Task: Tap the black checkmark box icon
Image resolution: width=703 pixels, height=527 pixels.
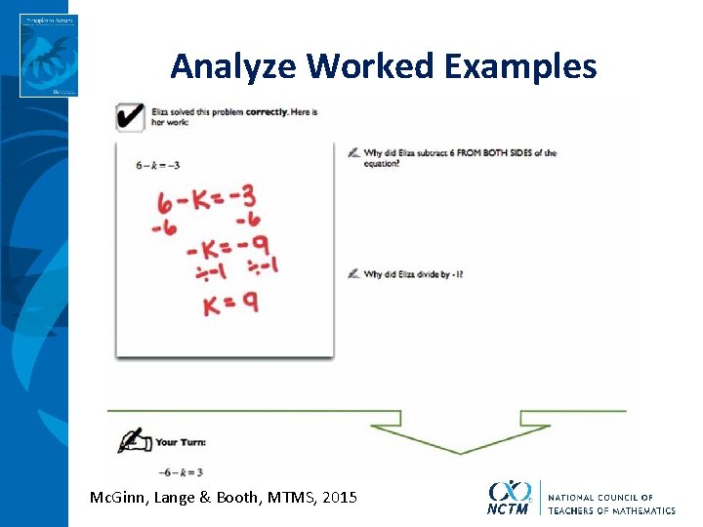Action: coord(131,116)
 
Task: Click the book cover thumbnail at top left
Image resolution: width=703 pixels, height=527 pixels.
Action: coord(48,55)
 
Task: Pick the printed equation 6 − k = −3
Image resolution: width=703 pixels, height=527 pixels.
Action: coord(157,165)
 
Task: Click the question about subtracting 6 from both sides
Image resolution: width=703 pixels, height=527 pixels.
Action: coord(459,156)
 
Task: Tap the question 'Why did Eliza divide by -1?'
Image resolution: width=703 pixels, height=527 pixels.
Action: coord(412,274)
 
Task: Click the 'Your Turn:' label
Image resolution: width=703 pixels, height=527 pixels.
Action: coord(181,442)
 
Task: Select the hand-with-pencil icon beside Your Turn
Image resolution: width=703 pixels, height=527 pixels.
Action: coord(134,441)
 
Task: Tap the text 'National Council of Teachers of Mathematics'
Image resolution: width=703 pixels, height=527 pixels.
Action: coord(611,504)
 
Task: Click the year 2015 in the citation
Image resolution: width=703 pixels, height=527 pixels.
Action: coord(339,498)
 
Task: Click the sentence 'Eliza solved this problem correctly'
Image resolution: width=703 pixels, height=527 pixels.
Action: coord(233,111)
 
